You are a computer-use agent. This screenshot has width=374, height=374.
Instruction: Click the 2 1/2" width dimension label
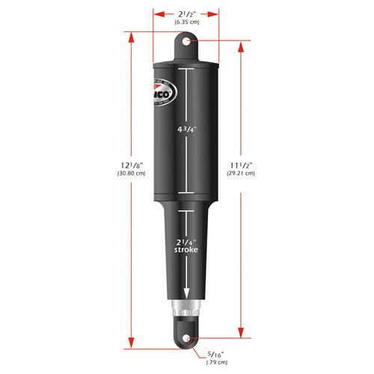(x=186, y=13)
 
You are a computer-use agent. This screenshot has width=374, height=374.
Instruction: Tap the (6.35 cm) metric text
(x=186, y=22)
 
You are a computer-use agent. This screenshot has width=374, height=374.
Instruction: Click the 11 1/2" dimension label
(x=241, y=164)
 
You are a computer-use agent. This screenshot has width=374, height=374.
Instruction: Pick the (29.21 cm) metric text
(x=241, y=174)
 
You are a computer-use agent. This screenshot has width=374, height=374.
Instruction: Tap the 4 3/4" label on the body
(x=186, y=129)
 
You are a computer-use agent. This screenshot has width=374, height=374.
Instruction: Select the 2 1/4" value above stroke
(x=186, y=241)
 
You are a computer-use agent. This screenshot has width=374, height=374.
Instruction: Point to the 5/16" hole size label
(x=215, y=355)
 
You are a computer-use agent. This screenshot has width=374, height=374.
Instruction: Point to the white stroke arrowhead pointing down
(x=186, y=294)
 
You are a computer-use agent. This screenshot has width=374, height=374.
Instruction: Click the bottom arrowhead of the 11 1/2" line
(x=241, y=334)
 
